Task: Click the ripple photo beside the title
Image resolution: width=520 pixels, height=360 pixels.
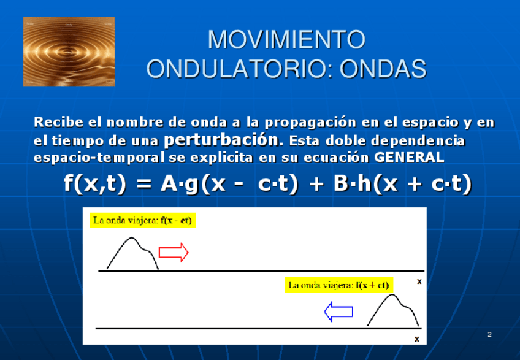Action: [x=69, y=52]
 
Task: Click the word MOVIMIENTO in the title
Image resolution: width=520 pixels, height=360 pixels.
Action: [x=286, y=39]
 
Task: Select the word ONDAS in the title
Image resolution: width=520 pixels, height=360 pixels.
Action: [x=383, y=69]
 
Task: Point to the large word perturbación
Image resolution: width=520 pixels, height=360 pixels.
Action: [x=221, y=140]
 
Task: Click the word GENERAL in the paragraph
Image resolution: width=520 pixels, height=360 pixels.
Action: [x=409, y=157]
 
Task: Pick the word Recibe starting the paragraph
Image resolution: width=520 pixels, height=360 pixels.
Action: [x=58, y=122]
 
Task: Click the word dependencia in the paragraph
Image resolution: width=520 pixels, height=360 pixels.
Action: [x=418, y=140]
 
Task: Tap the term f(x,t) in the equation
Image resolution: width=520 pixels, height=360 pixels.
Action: [x=95, y=183]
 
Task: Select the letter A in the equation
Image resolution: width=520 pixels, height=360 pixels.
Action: [x=169, y=183]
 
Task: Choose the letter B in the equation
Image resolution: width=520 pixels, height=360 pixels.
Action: [x=340, y=183]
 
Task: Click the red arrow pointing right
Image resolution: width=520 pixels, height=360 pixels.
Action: [x=174, y=252]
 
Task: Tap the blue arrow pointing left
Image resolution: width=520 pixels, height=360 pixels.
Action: [x=338, y=312]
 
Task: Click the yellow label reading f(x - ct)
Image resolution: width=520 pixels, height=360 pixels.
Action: [x=143, y=220]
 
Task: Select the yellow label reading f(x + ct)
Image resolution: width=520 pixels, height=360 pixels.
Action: [x=339, y=285]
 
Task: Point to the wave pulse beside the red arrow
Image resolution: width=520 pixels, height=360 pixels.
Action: [x=132, y=237]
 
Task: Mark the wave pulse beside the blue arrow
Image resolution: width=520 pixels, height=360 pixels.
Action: [x=392, y=294]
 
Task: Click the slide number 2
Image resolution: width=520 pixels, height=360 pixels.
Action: [x=489, y=334]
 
